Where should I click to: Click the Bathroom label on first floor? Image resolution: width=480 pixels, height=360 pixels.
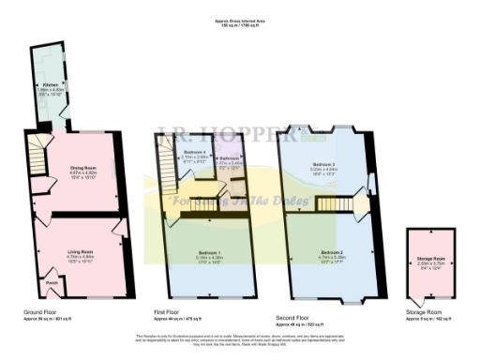tap(229, 158)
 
